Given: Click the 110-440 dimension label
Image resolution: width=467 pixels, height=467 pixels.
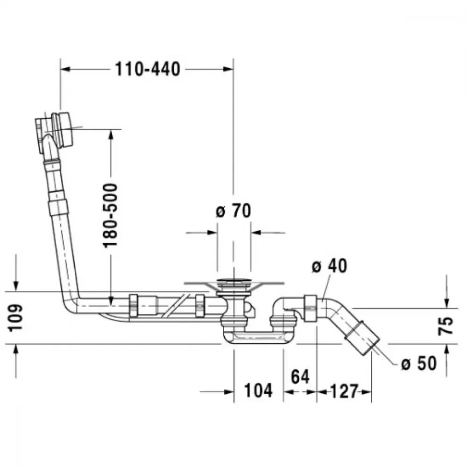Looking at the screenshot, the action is tap(148, 69).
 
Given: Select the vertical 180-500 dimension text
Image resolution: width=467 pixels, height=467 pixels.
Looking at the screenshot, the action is tap(110, 216).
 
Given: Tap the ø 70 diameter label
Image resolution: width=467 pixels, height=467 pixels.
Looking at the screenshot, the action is tap(233, 211).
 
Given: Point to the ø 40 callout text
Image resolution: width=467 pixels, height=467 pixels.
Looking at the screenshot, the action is tap(329, 266).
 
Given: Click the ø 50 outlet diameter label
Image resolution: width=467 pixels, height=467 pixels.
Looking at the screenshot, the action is tap(419, 363).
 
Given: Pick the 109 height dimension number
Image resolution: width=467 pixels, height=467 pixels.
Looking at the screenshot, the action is tap(15, 318).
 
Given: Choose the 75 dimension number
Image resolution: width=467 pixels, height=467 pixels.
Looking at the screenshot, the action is tap(446, 326).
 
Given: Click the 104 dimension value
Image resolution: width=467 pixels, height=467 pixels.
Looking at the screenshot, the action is tap(258, 390).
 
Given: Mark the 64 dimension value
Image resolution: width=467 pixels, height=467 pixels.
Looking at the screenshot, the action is tap(300, 376).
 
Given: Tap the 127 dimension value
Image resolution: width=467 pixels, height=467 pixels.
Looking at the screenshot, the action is tap(344, 391).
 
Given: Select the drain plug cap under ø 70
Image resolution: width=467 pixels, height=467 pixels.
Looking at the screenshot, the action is tap(234, 281).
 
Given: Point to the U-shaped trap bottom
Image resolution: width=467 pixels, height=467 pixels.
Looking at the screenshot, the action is tap(258, 338).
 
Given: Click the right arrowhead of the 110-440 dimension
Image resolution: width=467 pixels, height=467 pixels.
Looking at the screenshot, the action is tap(228, 70).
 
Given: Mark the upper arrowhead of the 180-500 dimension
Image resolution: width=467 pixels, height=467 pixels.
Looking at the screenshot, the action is tap(111, 134).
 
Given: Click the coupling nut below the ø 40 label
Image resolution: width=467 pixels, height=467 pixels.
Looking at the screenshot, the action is tap(310, 308).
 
